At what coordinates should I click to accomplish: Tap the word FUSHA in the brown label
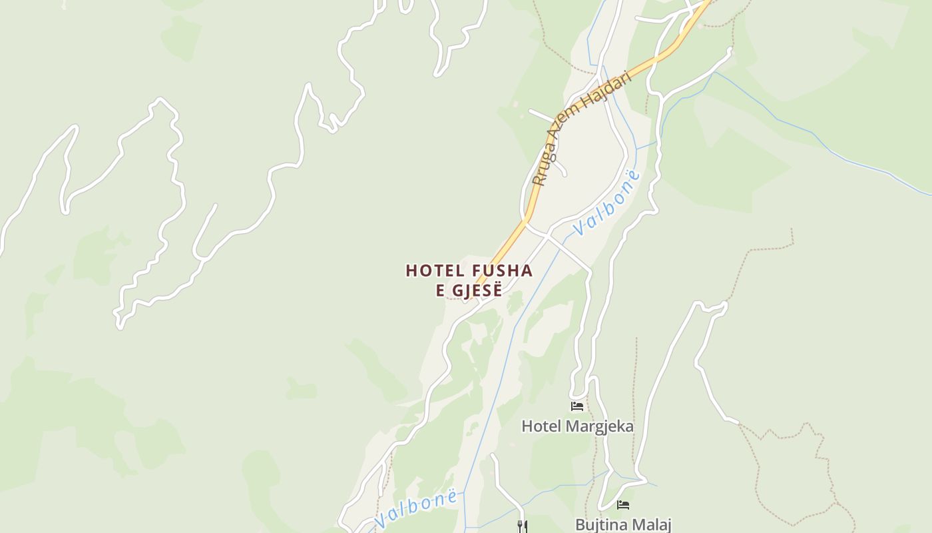click(x=502, y=270)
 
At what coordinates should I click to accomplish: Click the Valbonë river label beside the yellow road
click(x=606, y=203)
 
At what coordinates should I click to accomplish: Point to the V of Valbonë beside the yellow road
click(x=578, y=229)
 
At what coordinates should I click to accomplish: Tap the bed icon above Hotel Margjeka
click(x=577, y=406)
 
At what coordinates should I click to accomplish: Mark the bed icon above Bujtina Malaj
click(x=623, y=505)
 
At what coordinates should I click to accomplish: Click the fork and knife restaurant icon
click(x=523, y=526)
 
